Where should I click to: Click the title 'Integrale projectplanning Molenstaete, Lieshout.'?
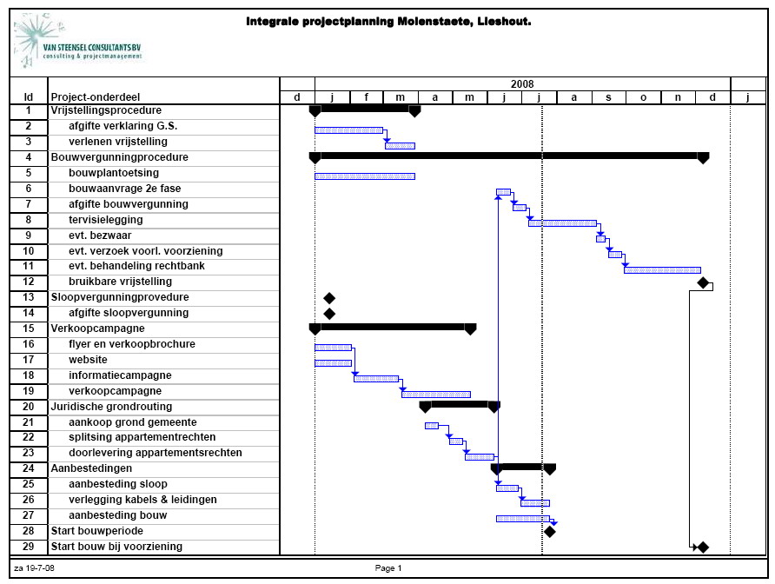coord(388,22)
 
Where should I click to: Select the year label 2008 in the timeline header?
coord(522,83)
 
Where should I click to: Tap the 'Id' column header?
coord(29,97)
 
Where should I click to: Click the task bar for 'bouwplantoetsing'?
coord(364,176)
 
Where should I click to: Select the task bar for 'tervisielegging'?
coord(562,222)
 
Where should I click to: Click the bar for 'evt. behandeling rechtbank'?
coord(662,269)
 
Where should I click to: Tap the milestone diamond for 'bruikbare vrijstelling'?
coord(703,283)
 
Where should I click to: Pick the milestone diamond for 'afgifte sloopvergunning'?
coord(328,314)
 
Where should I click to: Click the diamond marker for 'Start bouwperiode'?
coord(549,531)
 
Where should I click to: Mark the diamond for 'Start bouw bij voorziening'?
coord(703,547)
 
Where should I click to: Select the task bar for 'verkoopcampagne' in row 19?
coord(435,394)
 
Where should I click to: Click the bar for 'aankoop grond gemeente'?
coord(432,425)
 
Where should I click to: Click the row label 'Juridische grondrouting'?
coord(111,406)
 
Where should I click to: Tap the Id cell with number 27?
coord(29,515)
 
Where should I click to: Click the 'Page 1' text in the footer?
coord(387,567)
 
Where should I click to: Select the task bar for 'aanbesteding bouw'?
coord(522,518)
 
